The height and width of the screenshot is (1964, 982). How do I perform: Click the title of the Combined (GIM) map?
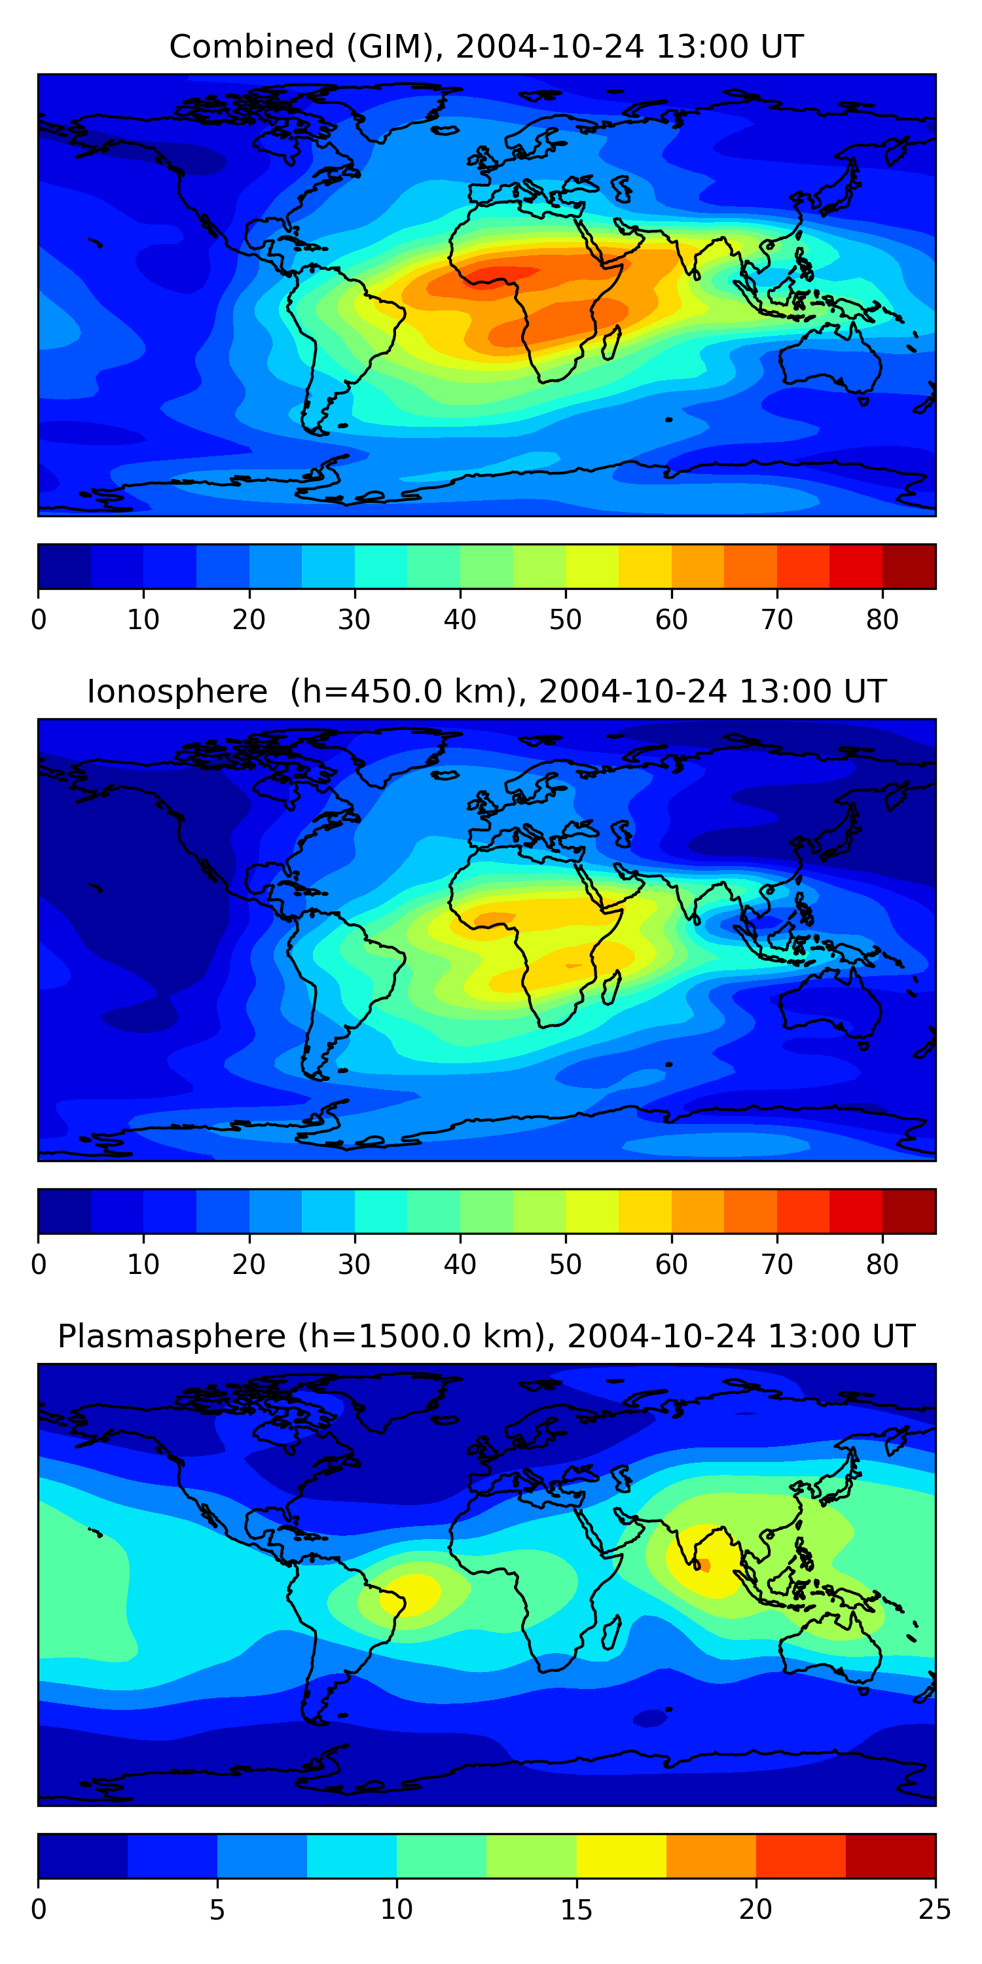tap(486, 46)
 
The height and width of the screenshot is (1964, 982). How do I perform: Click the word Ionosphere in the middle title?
tap(177, 691)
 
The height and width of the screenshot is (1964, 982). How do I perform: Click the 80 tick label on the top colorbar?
tap(882, 620)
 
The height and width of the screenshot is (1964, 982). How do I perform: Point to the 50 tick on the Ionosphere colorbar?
tap(565, 1264)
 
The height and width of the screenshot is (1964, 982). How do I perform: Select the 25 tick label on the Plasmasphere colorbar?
tap(935, 1909)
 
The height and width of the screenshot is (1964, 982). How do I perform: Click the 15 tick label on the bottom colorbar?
tap(576, 1909)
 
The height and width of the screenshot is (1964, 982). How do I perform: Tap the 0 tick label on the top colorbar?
tap(39, 620)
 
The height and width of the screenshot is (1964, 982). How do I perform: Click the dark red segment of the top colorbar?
tap(909, 566)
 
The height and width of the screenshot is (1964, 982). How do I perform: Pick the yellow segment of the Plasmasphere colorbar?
tap(621, 1856)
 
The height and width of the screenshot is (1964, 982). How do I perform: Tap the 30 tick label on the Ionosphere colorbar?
tap(355, 1264)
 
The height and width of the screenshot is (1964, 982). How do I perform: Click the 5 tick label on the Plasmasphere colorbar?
tap(217, 1909)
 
